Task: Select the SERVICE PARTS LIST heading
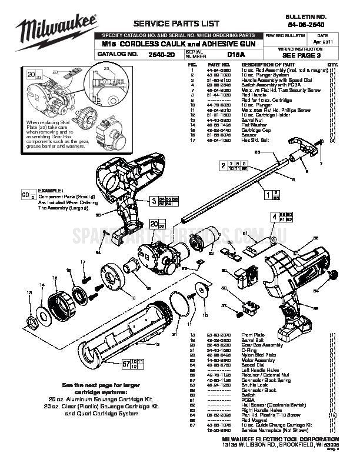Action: (168, 24)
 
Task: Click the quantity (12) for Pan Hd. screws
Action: (332, 415)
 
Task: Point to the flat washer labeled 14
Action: (43, 312)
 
